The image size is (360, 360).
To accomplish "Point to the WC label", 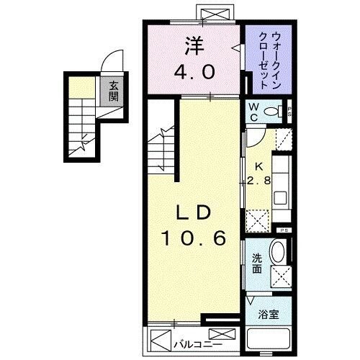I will pos(253,112).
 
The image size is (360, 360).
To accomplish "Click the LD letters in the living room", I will pos(194,213).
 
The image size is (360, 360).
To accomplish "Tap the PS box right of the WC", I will pos(289,112).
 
